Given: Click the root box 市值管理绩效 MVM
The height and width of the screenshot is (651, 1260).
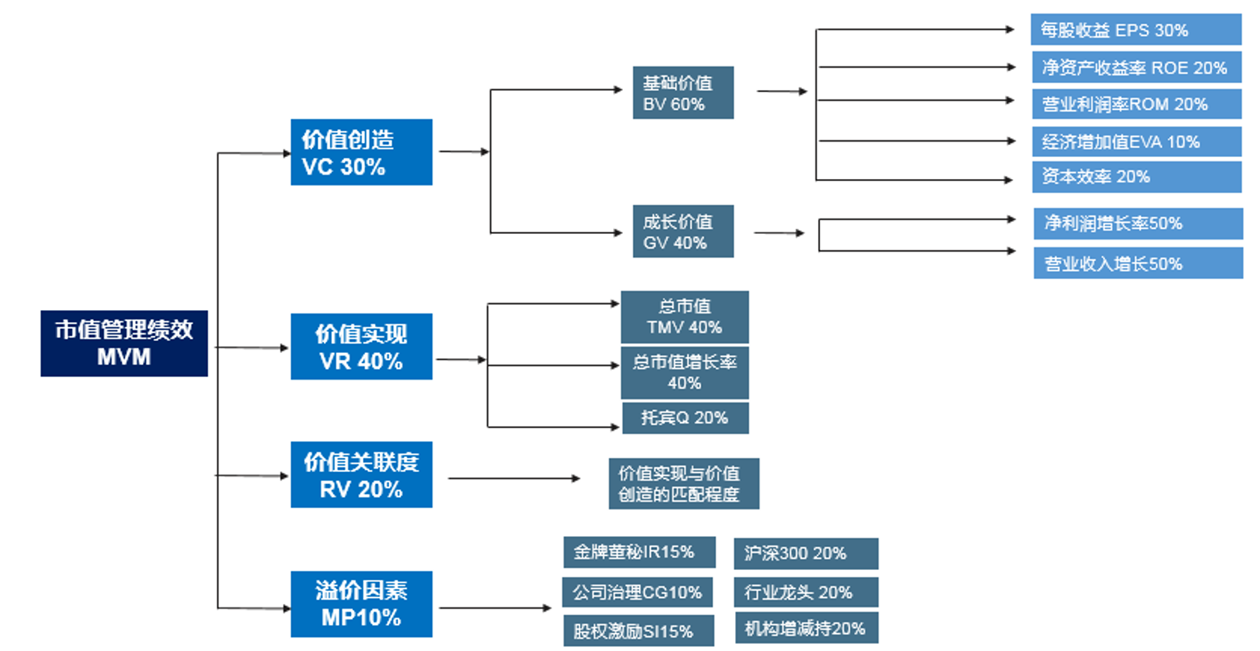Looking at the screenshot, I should tap(124, 343).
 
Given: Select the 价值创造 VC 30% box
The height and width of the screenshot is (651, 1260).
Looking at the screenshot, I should tap(361, 152).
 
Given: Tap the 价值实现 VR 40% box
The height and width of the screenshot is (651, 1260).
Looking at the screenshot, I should tap(361, 347).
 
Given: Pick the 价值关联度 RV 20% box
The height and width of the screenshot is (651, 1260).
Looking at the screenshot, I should tap(361, 475).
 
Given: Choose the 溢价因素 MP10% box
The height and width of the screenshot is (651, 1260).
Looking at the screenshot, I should tap(361, 604).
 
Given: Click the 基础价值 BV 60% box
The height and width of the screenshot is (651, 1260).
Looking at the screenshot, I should tap(682, 93).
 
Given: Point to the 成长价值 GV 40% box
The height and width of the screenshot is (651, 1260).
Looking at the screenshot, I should tap(682, 231).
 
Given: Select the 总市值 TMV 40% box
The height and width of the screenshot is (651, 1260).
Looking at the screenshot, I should tap(684, 317).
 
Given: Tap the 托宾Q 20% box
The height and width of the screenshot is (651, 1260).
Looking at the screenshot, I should tap(684, 418).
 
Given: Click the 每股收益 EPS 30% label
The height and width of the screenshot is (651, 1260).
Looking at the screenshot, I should tap(1135, 30).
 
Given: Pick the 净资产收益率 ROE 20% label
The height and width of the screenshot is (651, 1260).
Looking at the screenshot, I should tap(1135, 68).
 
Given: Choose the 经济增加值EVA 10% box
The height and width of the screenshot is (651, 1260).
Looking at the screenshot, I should tap(1135, 142).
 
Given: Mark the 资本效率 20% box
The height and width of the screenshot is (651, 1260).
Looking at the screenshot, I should tap(1135, 177).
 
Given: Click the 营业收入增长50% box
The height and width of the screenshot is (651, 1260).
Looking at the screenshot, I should tap(1137, 263).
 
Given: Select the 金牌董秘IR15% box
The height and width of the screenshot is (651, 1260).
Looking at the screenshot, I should tap(638, 552).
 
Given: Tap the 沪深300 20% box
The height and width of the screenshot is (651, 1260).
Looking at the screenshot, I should tap(805, 554).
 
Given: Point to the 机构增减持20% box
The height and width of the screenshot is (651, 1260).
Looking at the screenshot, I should tap(805, 628).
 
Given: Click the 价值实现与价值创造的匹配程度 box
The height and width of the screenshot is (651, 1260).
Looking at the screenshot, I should tap(683, 484).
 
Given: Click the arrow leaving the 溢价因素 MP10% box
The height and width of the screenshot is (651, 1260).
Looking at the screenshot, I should tap(493, 607).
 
